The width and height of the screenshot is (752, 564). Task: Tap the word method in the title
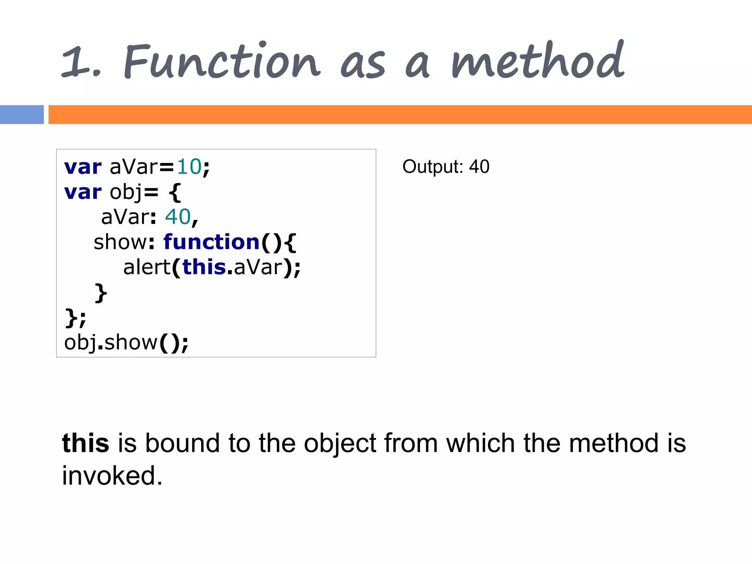(538, 61)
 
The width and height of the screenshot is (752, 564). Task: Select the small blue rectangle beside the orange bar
(22, 115)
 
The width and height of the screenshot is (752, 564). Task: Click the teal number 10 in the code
(189, 167)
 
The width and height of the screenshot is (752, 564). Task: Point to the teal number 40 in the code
(178, 217)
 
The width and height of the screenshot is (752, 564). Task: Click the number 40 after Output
(479, 167)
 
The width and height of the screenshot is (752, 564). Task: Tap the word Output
(433, 167)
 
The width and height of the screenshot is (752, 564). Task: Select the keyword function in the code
(211, 242)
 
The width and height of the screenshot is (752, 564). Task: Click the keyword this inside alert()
(204, 267)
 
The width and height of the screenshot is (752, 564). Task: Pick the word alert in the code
(147, 267)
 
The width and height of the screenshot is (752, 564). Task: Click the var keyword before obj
(83, 192)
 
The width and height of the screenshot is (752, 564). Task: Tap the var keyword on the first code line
(83, 167)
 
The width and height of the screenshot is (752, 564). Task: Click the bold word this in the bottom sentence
(86, 443)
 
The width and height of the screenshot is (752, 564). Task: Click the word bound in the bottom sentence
(182, 443)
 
